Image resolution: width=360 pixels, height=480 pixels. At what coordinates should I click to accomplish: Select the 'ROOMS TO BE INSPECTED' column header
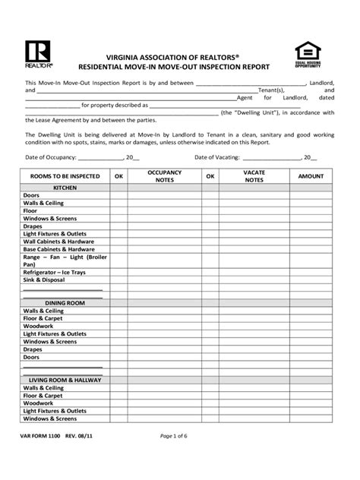65,176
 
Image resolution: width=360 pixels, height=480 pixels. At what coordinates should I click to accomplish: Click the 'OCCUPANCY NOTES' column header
165,176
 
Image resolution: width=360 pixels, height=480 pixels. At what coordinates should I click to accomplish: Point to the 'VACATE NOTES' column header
254,176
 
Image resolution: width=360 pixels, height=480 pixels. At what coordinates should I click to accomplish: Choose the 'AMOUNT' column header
311,176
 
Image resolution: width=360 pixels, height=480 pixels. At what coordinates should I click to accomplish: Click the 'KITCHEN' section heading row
65,187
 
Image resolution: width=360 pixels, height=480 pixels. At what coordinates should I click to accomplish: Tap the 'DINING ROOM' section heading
65,302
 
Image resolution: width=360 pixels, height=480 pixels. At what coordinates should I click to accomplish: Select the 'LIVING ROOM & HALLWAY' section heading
65,379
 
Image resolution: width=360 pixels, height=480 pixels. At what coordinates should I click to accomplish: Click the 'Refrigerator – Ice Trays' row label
55,272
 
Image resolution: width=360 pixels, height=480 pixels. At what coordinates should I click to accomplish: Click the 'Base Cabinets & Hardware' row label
59,249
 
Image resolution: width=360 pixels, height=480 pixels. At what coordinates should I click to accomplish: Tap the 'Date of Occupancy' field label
51,157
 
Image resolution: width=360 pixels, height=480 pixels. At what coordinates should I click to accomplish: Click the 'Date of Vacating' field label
217,157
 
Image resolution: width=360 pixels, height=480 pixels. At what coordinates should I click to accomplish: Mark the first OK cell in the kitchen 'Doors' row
118,195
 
